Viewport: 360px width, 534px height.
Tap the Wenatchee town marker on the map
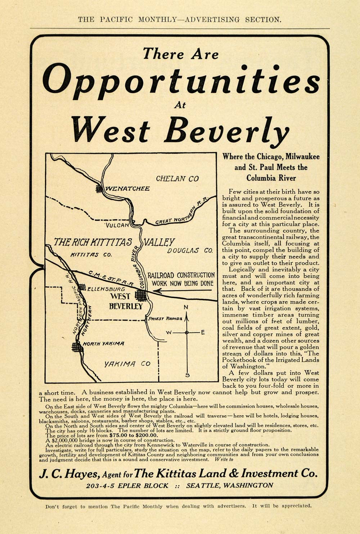pos(99,188)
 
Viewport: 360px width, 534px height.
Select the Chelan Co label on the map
pos(177,179)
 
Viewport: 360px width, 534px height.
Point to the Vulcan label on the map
pos(117,225)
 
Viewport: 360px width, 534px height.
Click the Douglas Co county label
pos(190,251)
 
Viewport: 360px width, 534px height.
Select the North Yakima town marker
pos(77,347)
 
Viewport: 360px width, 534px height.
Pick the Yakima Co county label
pos(127,364)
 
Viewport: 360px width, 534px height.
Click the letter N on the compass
pos(186,307)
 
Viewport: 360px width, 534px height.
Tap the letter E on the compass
pos(203,332)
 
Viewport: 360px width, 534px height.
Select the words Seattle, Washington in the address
pos(229,485)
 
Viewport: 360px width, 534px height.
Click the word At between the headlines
pos(180,105)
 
